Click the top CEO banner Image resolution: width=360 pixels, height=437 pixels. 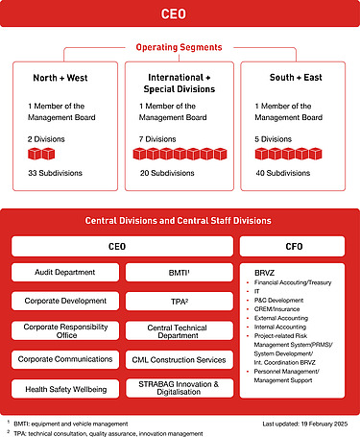(x=180, y=14)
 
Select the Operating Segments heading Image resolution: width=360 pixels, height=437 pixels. (x=180, y=46)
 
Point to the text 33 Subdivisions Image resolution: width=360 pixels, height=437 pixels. (x=56, y=173)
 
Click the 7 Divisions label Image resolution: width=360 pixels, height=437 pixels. (x=158, y=138)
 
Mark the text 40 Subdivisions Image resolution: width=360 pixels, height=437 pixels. (x=276, y=173)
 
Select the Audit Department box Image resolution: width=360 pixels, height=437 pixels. (x=63, y=273)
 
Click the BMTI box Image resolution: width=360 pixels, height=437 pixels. (x=179, y=273)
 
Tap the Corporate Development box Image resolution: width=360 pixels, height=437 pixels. (x=63, y=301)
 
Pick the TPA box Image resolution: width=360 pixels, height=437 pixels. (x=179, y=301)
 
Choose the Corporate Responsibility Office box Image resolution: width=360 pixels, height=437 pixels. (x=63, y=330)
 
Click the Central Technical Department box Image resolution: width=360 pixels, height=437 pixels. (x=179, y=330)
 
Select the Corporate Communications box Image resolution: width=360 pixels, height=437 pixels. (x=63, y=358)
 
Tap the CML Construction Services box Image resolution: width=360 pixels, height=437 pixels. (x=179, y=358)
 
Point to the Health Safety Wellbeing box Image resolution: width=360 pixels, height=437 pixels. (x=63, y=387)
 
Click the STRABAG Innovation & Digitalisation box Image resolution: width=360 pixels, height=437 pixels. (x=179, y=387)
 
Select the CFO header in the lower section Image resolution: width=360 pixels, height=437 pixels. (x=295, y=246)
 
